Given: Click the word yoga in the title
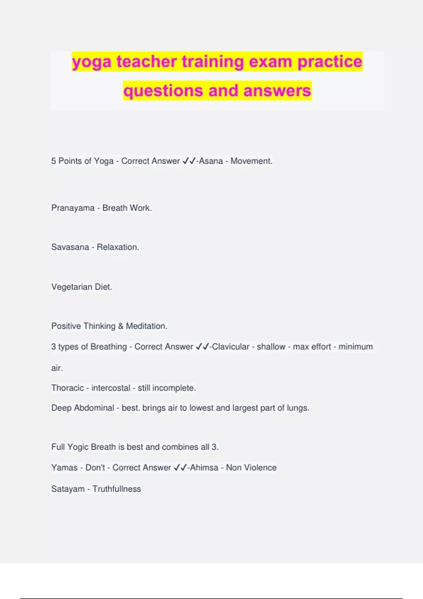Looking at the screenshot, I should click(92, 62).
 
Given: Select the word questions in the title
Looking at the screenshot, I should click(163, 91).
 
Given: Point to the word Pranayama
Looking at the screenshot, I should click(73, 208).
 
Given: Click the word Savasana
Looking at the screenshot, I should click(70, 247).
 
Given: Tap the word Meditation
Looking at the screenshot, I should click(146, 326).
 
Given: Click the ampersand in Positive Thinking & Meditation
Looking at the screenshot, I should click(121, 326).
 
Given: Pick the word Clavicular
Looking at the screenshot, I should click(231, 347).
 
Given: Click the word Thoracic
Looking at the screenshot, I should click(68, 388).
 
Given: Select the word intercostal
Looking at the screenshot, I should click(111, 388).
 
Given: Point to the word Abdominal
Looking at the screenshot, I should click(94, 408).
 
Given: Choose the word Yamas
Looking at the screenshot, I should click(64, 468).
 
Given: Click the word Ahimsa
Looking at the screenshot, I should click(204, 468).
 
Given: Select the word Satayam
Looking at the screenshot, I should click(68, 489).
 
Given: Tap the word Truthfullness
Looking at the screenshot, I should click(117, 489).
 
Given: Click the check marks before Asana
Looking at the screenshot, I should click(189, 161).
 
